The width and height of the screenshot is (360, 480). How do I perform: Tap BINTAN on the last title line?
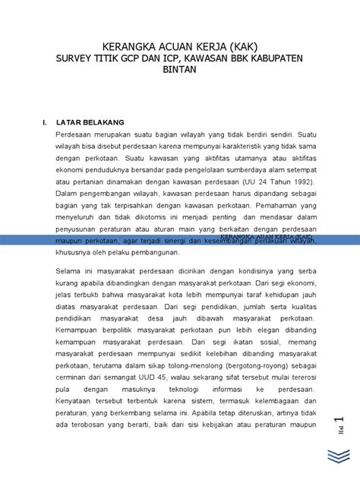tap(179, 69)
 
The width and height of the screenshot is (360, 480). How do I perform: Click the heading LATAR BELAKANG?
tap(93, 122)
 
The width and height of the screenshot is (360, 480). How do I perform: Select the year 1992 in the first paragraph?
tap(298, 182)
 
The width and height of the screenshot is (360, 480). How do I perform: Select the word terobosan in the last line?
tap(87, 443)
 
